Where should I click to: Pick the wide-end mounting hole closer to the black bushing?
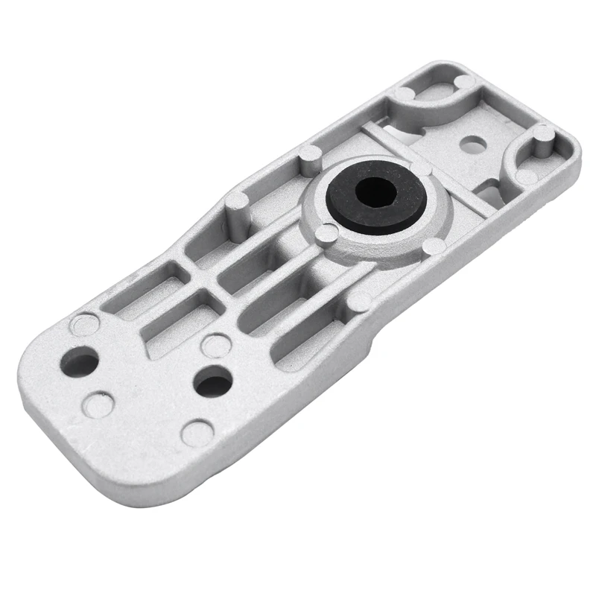[x=214, y=381]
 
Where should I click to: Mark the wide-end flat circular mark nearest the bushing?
[x=215, y=344]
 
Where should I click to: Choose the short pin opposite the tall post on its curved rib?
[x=526, y=178]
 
